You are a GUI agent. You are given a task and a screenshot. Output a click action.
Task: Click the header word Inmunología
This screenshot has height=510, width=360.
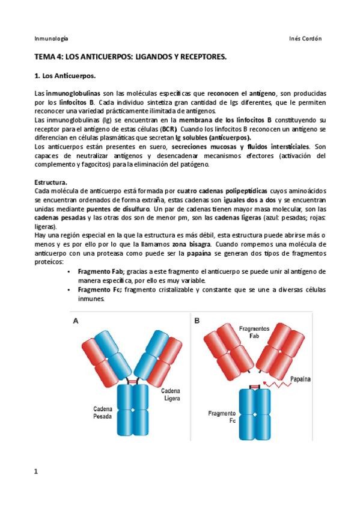(x=51, y=38)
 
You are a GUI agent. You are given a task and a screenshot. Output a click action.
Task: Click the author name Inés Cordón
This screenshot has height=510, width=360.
(x=305, y=38)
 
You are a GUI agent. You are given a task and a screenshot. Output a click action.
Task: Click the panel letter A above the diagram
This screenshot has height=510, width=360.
(x=76, y=321)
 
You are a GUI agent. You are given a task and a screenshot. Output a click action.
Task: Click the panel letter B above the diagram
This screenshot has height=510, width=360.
(x=197, y=321)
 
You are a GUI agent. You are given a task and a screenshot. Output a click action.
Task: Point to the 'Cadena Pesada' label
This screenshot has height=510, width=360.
(x=102, y=412)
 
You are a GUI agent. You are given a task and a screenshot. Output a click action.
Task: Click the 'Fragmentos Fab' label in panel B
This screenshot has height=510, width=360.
(x=254, y=333)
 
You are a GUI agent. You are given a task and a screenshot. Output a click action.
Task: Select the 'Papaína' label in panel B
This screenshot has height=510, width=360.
(x=302, y=379)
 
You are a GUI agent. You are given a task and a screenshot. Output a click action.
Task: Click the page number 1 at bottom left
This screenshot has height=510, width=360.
(x=36, y=471)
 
